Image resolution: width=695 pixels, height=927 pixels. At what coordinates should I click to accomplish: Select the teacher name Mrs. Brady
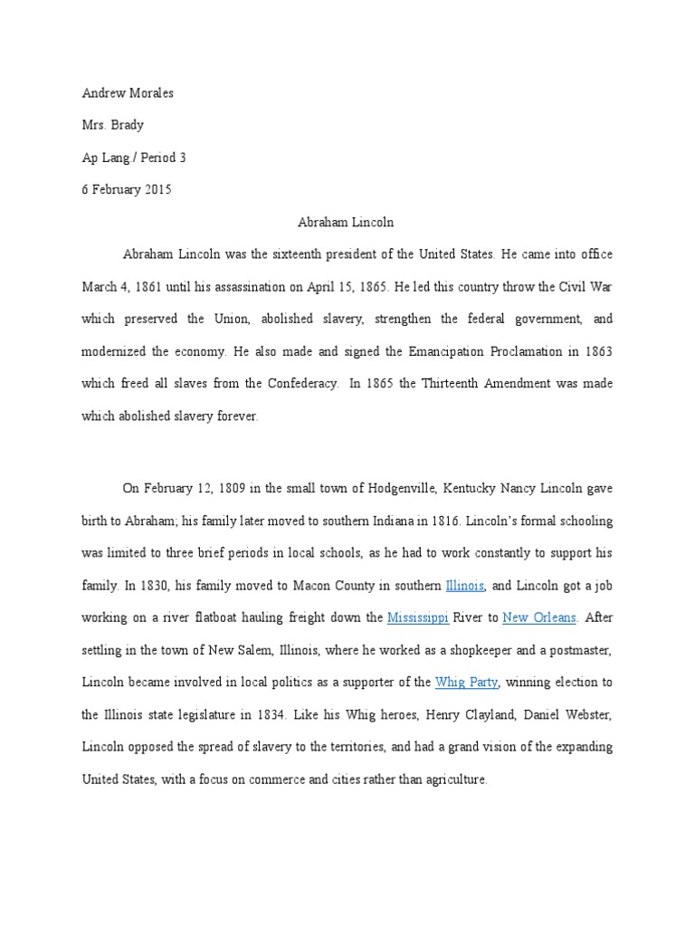(x=111, y=125)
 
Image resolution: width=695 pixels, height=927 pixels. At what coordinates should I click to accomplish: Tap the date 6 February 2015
(x=127, y=189)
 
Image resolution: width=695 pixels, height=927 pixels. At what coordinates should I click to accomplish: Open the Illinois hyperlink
(x=465, y=586)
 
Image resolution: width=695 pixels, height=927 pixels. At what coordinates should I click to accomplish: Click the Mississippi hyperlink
(x=418, y=618)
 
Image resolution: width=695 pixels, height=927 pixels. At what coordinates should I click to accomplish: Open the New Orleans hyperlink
(x=539, y=618)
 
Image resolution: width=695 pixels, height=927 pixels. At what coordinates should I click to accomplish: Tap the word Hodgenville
(x=406, y=489)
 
